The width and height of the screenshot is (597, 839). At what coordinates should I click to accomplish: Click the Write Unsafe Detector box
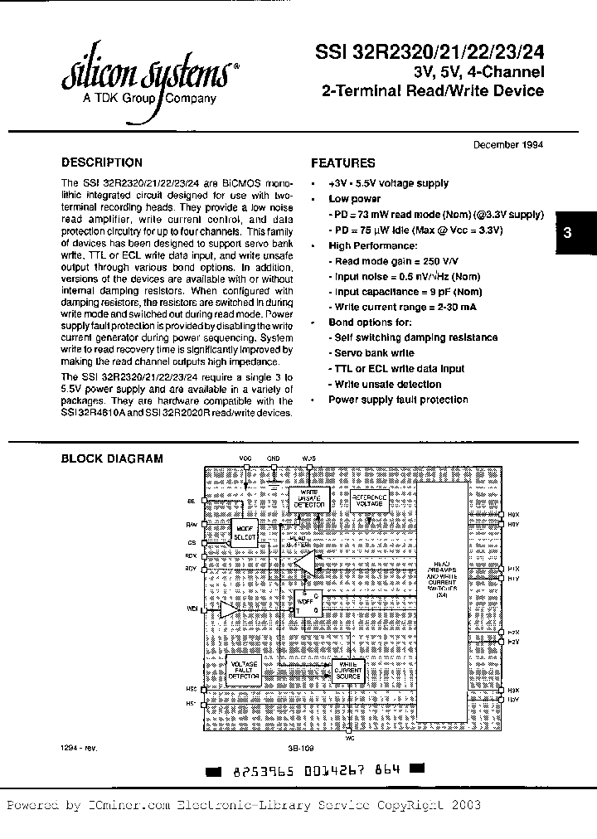(x=308, y=497)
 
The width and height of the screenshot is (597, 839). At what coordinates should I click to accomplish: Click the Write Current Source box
(x=349, y=670)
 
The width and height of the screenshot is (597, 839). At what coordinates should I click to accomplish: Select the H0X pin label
(x=513, y=514)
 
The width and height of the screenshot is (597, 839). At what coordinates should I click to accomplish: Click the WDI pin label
(x=192, y=609)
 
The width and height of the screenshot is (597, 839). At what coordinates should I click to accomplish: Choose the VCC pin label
(x=245, y=458)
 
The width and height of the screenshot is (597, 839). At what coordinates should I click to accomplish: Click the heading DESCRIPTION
(x=102, y=162)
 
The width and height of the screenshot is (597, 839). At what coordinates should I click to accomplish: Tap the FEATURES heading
(x=342, y=163)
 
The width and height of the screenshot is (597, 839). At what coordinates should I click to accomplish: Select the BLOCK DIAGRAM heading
(x=113, y=458)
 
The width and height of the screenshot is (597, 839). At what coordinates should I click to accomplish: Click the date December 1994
(x=507, y=143)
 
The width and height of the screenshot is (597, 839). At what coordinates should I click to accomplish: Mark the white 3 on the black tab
(x=567, y=234)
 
